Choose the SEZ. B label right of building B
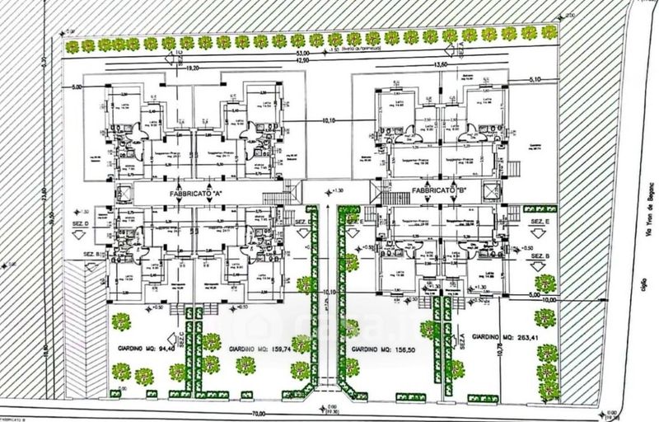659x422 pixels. tap(540, 258)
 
